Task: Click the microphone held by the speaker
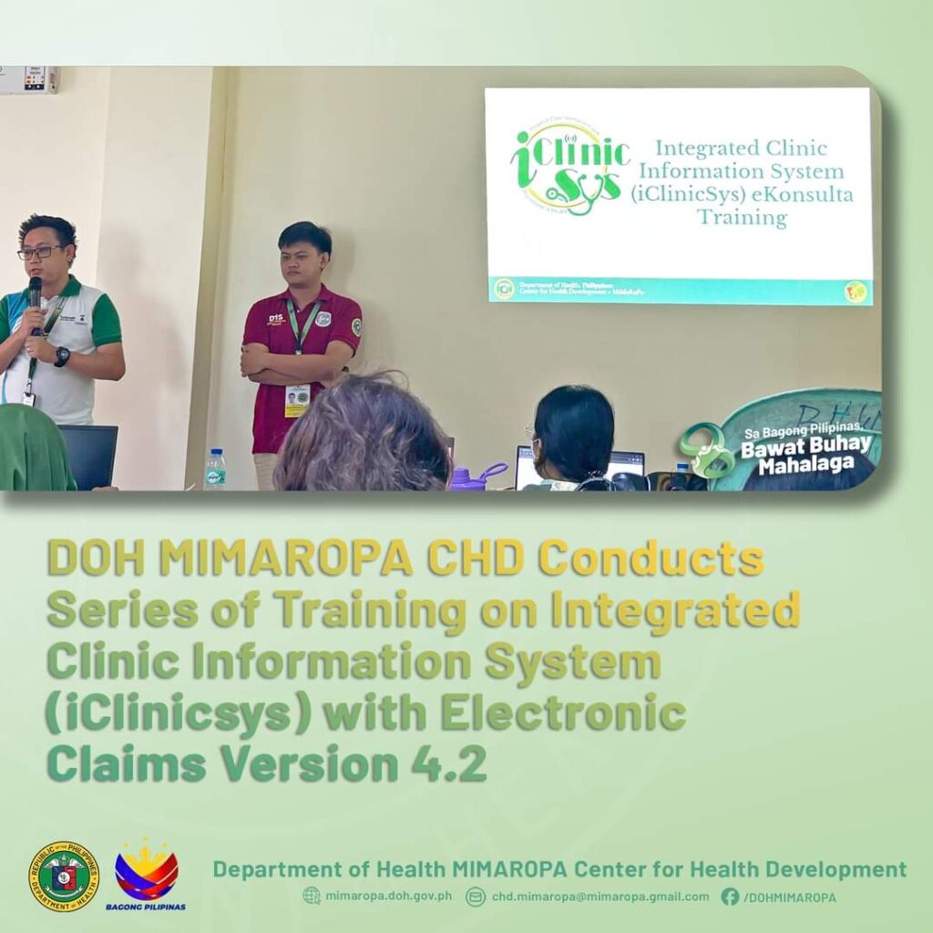point(35,293)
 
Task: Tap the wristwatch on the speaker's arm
point(62,356)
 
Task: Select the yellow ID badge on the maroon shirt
point(297,400)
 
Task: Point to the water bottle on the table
point(215,469)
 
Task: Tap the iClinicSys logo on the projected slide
point(569,169)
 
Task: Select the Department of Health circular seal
point(63,877)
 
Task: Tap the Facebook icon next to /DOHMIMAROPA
point(730,897)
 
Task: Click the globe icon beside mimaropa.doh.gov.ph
point(312,897)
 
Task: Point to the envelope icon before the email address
point(475,897)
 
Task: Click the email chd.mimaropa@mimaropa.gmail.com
point(600,897)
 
